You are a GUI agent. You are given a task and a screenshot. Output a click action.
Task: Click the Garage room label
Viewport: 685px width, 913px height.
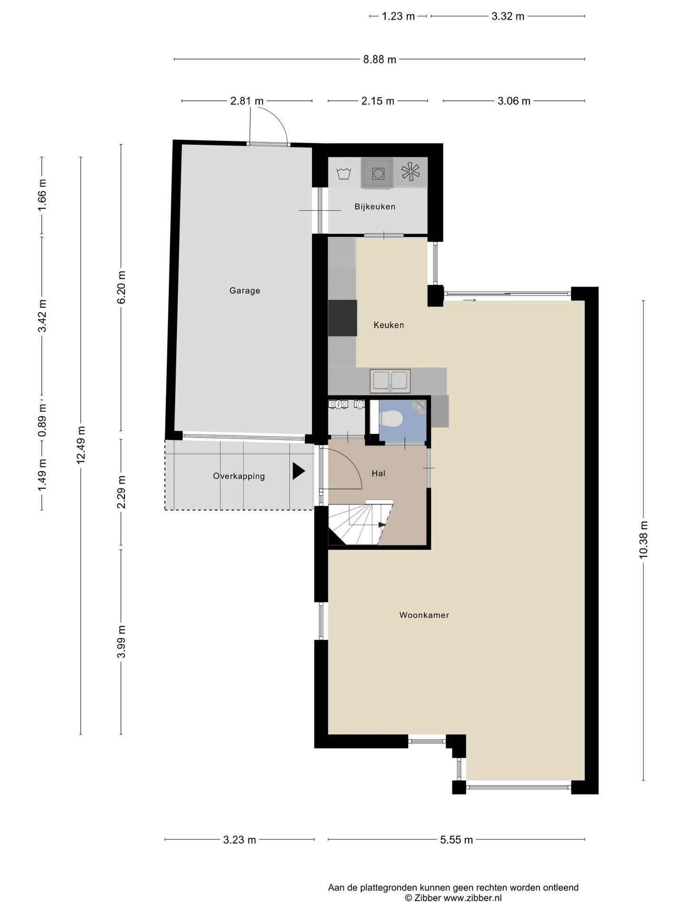click(245, 291)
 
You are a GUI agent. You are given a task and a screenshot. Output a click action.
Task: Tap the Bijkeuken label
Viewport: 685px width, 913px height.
click(375, 207)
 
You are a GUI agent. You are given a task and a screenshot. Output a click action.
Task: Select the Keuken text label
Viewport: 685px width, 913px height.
click(389, 325)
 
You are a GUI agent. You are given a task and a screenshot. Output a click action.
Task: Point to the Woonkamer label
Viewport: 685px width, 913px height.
click(424, 615)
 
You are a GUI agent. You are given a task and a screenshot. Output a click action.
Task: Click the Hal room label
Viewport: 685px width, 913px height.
click(379, 473)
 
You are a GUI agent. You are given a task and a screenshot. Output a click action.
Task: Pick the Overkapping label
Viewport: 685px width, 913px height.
click(239, 476)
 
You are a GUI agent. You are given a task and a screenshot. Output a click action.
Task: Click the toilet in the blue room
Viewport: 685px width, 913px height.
click(391, 419)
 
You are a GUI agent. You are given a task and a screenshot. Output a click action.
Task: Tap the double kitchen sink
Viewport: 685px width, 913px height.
click(390, 381)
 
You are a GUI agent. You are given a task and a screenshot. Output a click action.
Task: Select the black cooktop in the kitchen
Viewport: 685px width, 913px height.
click(342, 318)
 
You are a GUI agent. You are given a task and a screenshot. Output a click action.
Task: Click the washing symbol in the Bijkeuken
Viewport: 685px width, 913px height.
click(343, 173)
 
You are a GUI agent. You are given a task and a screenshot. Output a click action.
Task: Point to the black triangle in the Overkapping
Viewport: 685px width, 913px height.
click(298, 471)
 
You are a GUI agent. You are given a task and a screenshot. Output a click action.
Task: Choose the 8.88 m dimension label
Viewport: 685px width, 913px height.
click(380, 59)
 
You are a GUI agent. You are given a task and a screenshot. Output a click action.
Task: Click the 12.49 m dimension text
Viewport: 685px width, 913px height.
click(81, 445)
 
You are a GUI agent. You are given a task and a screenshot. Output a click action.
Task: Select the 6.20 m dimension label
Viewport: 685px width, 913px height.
click(121, 287)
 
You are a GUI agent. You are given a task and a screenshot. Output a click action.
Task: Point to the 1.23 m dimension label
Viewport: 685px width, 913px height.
click(399, 17)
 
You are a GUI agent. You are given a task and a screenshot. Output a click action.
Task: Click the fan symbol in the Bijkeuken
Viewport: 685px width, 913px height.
click(410, 172)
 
